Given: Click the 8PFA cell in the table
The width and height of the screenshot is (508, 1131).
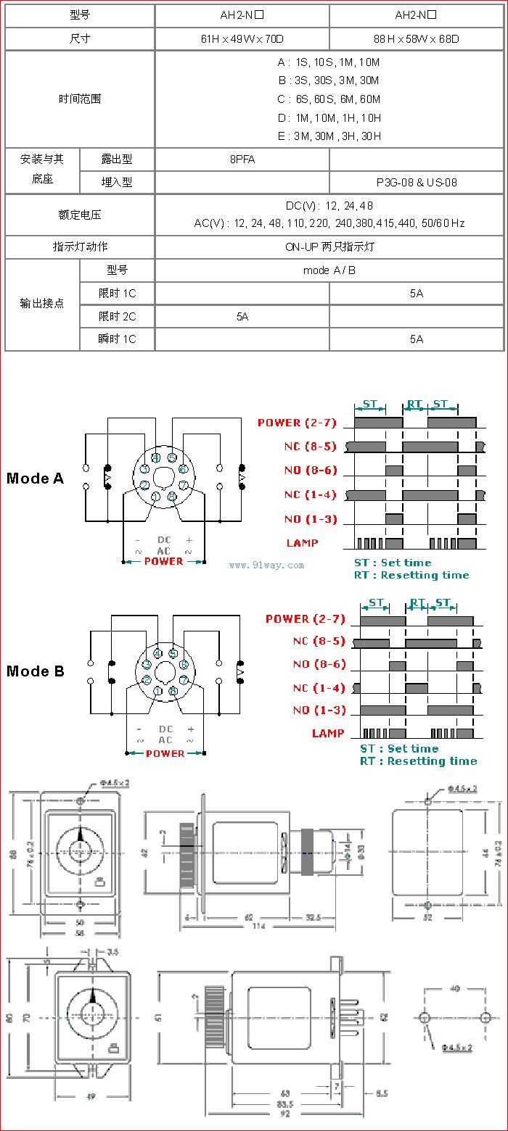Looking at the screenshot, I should click(x=242, y=159).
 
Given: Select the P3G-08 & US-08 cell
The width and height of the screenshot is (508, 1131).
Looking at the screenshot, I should click(x=417, y=183).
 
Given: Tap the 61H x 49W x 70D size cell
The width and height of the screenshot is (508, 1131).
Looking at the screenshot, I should click(x=242, y=39).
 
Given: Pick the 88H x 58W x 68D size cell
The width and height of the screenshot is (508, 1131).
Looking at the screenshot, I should click(x=417, y=39).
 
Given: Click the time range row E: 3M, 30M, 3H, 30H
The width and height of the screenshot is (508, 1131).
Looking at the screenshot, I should click(x=329, y=136).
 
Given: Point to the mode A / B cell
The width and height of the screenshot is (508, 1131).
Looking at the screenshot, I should click(x=329, y=270).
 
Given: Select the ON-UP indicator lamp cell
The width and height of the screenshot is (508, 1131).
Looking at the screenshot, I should click(x=329, y=247).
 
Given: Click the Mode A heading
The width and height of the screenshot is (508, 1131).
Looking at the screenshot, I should click(x=35, y=478).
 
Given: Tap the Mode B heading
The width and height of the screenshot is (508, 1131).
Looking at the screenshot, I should click(x=35, y=671).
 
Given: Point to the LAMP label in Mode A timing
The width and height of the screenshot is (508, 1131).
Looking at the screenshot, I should click(x=302, y=543).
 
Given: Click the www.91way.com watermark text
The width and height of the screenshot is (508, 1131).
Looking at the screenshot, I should click(x=266, y=565).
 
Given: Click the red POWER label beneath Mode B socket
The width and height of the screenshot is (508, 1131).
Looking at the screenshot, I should click(x=165, y=754).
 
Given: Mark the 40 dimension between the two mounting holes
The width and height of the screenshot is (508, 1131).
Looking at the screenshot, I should click(x=454, y=988).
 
